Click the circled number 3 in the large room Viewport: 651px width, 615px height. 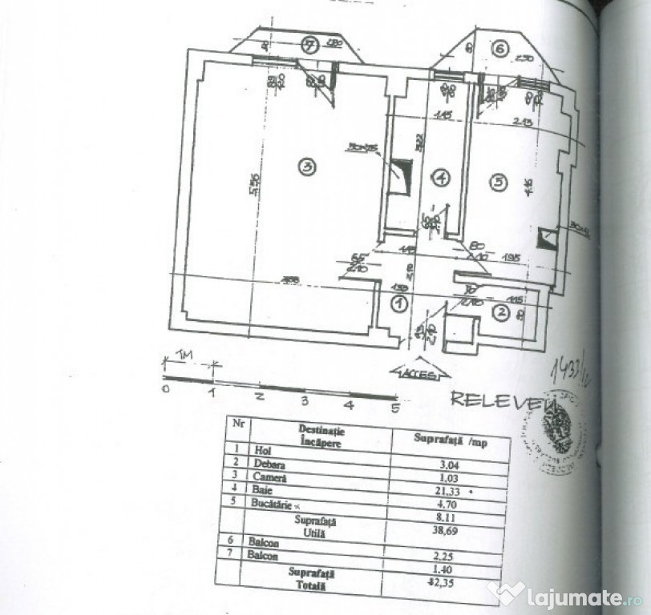click(x=305, y=167)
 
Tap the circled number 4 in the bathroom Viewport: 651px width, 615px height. click(x=441, y=178)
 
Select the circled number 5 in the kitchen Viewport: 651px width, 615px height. click(x=499, y=183)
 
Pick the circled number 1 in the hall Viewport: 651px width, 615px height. click(x=398, y=303)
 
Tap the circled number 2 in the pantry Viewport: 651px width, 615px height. click(x=499, y=312)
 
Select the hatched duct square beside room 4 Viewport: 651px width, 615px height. click(x=400, y=175)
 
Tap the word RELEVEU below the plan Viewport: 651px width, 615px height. click(x=495, y=399)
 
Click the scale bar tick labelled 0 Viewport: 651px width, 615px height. click(x=165, y=389)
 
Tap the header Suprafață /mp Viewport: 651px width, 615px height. click(x=451, y=439)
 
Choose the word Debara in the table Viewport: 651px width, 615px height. click(x=270, y=464)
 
